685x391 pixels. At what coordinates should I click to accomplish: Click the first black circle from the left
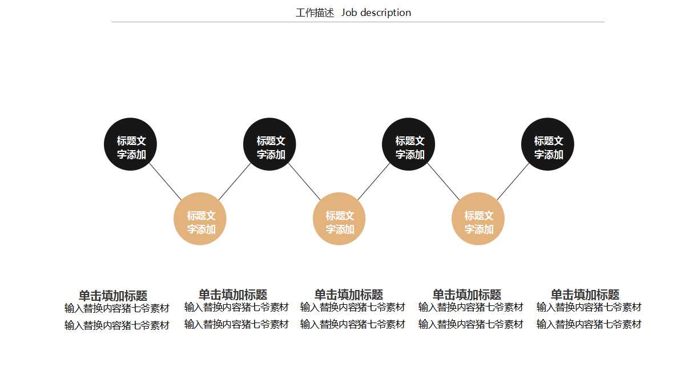pyautogui.click(x=130, y=144)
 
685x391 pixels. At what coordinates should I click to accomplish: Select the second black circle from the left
pyautogui.click(x=269, y=144)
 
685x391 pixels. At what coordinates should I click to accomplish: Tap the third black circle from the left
pyautogui.click(x=408, y=144)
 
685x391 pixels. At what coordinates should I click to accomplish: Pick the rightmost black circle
pyautogui.click(x=547, y=144)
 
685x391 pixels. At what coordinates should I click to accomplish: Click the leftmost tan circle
pyautogui.click(x=200, y=219)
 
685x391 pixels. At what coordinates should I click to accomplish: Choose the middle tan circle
pyautogui.click(x=339, y=219)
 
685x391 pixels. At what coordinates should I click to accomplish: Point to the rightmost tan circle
pyautogui.click(x=478, y=219)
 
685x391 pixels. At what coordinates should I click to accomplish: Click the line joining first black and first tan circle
pyautogui.click(x=166, y=182)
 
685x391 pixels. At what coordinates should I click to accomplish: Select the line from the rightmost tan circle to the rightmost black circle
pyautogui.click(x=513, y=181)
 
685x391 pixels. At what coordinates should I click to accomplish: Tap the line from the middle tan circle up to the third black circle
pyautogui.click(x=374, y=181)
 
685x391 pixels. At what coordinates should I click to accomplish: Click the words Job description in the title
pyautogui.click(x=376, y=13)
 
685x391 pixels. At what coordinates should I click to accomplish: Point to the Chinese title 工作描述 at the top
pyautogui.click(x=315, y=13)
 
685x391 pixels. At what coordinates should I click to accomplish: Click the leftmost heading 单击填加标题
pyautogui.click(x=113, y=296)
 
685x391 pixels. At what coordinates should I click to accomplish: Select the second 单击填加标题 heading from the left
pyautogui.click(x=233, y=295)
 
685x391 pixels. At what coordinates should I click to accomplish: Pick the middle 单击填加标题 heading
pyautogui.click(x=349, y=295)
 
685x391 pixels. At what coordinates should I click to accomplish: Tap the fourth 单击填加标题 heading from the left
pyautogui.click(x=467, y=295)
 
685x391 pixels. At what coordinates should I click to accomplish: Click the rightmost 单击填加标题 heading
pyautogui.click(x=585, y=295)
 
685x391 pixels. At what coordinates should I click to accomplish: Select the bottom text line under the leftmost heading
pyautogui.click(x=117, y=325)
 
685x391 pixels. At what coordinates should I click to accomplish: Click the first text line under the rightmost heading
pyautogui.click(x=589, y=307)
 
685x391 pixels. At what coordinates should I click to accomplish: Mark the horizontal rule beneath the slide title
pyautogui.click(x=358, y=22)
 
